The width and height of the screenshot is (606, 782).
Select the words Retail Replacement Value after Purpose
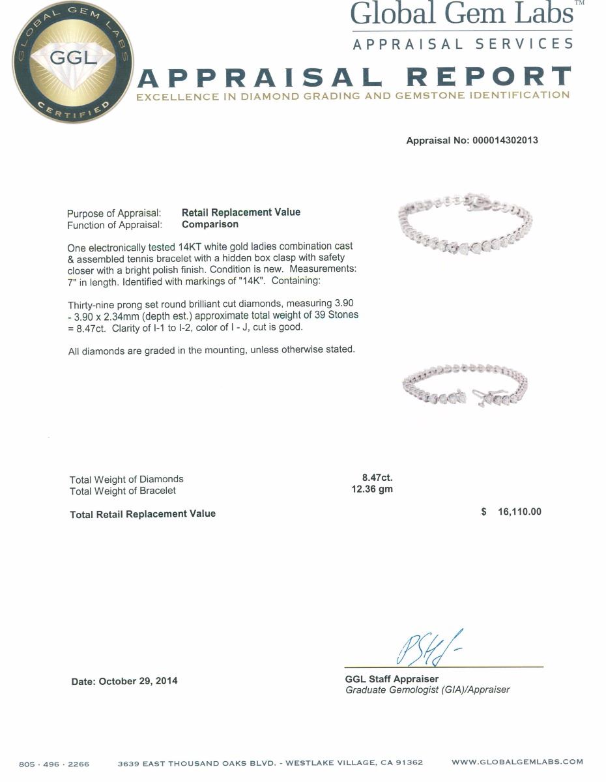(x=241, y=212)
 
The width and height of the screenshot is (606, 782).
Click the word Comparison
(x=210, y=224)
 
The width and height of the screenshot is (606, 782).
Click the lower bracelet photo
(x=465, y=388)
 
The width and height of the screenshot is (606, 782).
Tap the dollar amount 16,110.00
(x=519, y=512)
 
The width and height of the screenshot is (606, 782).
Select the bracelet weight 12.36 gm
(x=372, y=489)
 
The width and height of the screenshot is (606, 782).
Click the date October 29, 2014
(x=124, y=681)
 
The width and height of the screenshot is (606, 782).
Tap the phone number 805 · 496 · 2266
(x=54, y=763)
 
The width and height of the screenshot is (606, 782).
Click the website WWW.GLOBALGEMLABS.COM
(x=517, y=762)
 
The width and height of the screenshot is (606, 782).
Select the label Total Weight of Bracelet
(x=123, y=491)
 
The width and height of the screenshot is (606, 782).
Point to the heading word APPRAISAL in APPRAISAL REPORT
(x=261, y=78)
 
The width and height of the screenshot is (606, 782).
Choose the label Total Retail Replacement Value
(x=143, y=514)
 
